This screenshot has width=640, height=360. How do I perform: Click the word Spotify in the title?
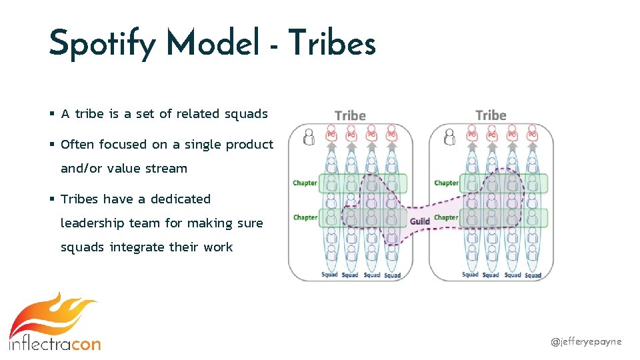point(103,45)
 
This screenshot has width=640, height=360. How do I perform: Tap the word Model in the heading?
point(213,45)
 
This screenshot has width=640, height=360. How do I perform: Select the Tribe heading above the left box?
point(350,115)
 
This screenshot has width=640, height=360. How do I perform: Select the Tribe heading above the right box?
point(491,115)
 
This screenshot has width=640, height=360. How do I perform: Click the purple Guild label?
point(419,221)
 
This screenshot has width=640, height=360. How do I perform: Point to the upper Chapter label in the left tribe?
point(305,183)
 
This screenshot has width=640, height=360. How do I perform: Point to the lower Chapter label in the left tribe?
point(305,217)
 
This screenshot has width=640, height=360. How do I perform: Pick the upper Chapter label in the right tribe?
point(446,183)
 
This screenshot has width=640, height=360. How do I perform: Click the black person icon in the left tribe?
point(309,137)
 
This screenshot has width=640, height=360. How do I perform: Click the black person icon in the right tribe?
point(449,137)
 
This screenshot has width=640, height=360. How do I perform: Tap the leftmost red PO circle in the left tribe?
point(331,135)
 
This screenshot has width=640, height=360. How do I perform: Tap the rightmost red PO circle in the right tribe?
point(532,135)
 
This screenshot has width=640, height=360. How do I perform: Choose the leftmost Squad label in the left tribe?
point(329,275)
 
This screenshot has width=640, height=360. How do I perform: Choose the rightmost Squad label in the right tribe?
point(533,275)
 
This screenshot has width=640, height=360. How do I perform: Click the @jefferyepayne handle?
point(586,341)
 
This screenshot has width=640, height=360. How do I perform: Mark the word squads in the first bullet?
point(245,114)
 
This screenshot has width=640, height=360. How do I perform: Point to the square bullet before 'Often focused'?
point(52,144)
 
